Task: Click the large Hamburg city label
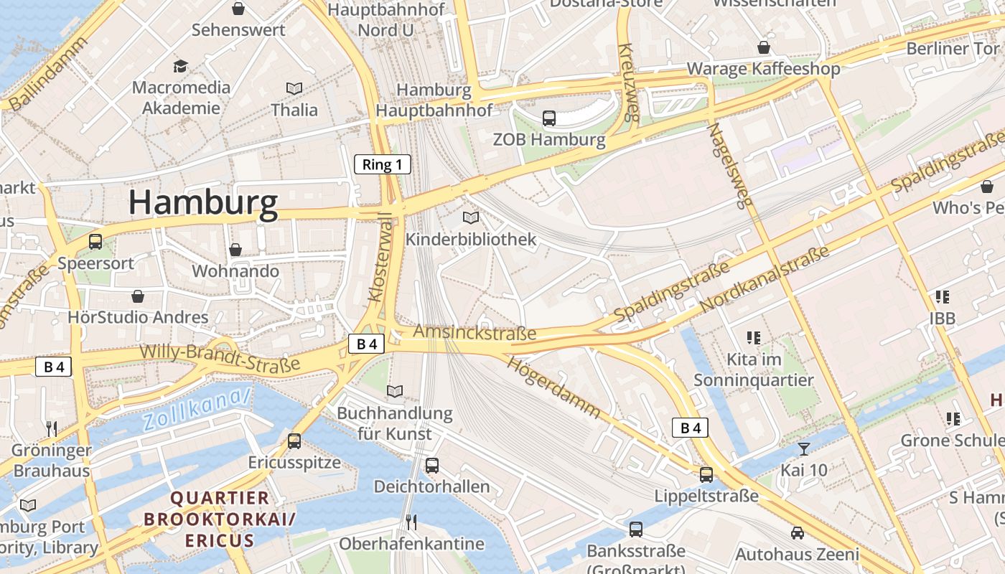(x=203, y=203)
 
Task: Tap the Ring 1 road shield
(x=383, y=164)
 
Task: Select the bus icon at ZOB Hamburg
(x=549, y=118)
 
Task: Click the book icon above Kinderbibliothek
(x=471, y=217)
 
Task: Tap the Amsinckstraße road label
(x=475, y=333)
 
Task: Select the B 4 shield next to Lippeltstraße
(x=690, y=428)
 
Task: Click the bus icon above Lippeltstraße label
(x=706, y=474)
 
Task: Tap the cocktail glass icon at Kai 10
(x=803, y=449)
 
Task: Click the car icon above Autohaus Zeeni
(x=797, y=533)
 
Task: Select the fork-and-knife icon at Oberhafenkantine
(x=411, y=522)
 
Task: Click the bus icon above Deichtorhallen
(x=431, y=465)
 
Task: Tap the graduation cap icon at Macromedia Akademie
(x=180, y=67)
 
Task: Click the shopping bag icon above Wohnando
(x=235, y=250)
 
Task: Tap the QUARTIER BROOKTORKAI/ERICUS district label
(x=219, y=519)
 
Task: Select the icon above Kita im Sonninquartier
(x=753, y=337)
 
